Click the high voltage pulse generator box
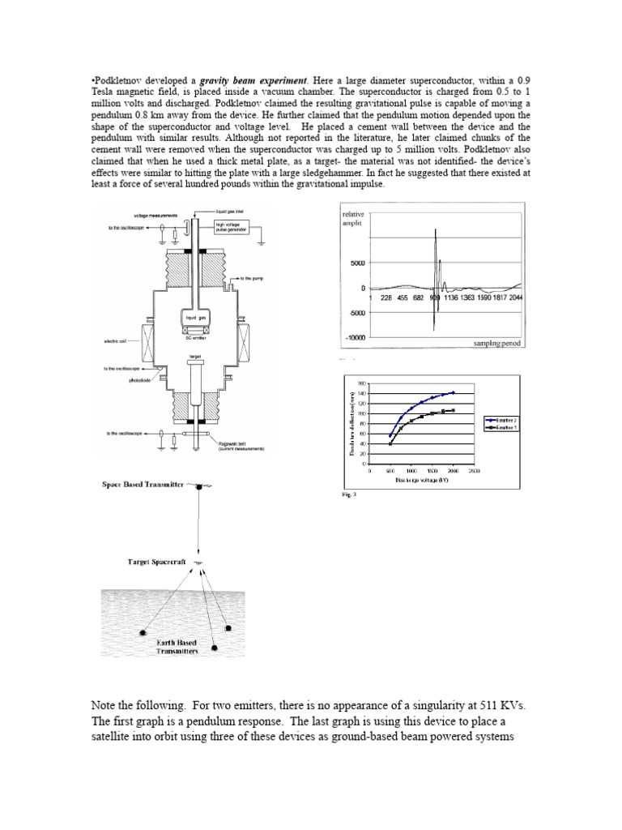click(231, 228)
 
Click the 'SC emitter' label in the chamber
click(194, 337)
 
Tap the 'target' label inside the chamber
click(194, 355)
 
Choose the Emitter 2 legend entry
click(503, 420)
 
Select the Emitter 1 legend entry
click(503, 426)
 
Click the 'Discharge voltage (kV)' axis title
click(421, 480)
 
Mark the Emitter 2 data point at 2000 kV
click(454, 392)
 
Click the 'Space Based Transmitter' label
click(143, 484)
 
